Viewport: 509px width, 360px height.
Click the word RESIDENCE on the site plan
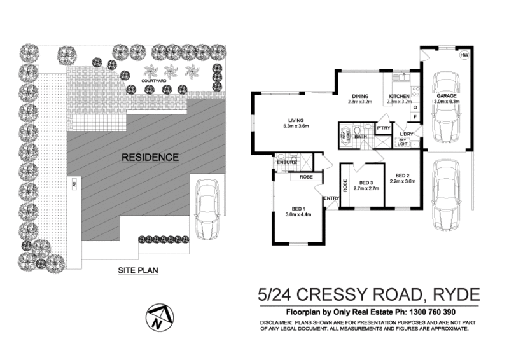coord(150,157)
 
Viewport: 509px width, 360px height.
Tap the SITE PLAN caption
coord(138,270)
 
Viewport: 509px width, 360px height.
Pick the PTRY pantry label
coord(383,128)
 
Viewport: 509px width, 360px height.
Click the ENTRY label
coord(331,199)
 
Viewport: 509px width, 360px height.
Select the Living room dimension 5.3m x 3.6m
coord(296,126)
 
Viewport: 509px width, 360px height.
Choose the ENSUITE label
coord(286,163)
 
